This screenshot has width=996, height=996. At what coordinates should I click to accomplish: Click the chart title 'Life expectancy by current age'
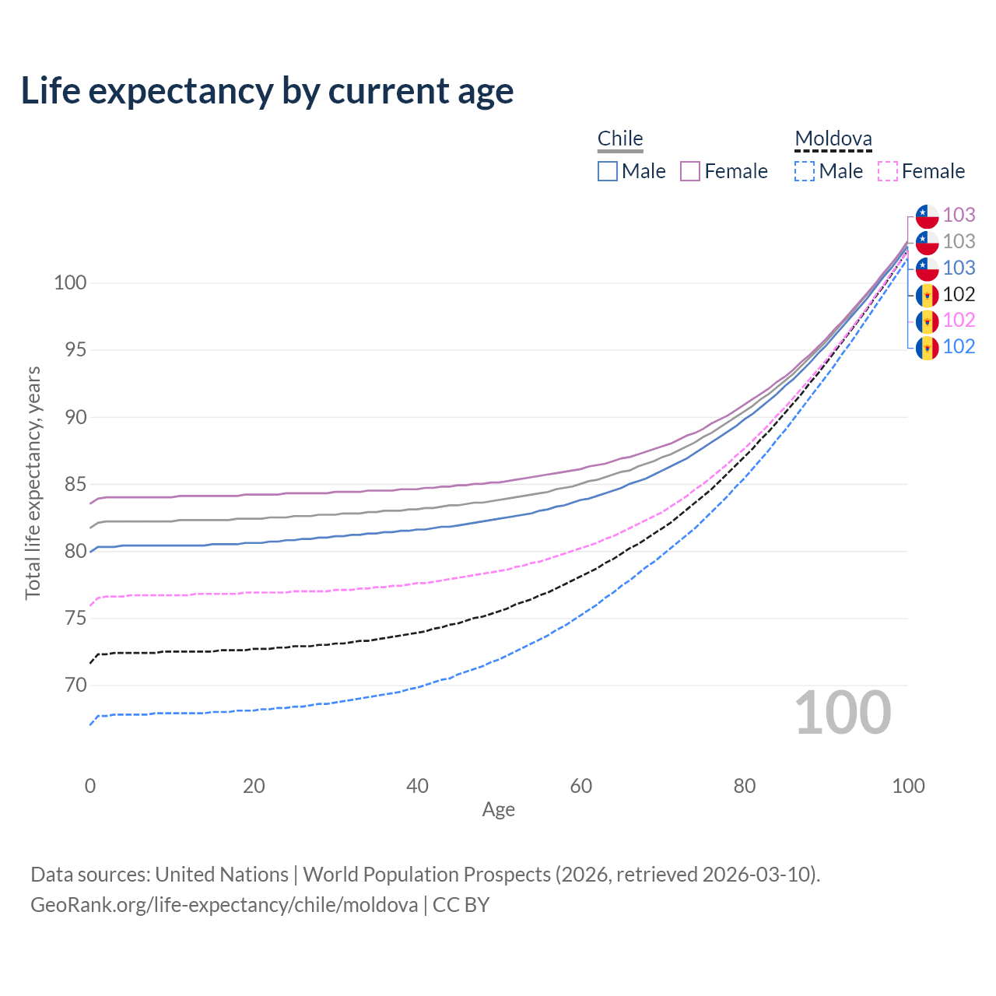click(x=267, y=91)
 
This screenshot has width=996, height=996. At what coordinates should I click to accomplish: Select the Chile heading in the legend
click(x=620, y=139)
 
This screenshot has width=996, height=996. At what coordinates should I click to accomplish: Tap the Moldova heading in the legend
click(x=833, y=139)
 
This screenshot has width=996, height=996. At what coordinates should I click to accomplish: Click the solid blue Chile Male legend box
click(x=608, y=171)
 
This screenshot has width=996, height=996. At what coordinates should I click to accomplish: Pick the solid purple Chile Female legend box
click(x=690, y=171)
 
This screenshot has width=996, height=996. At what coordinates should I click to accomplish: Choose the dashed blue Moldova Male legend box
click(x=805, y=171)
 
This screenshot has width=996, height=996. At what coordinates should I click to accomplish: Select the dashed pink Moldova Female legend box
click(x=888, y=171)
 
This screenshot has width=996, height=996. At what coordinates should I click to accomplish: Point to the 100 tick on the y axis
click(x=70, y=282)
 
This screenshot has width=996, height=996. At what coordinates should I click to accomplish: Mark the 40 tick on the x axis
click(x=417, y=786)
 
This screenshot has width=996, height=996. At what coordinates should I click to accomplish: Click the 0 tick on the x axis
click(x=90, y=786)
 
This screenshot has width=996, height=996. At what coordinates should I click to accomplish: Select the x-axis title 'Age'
click(x=498, y=809)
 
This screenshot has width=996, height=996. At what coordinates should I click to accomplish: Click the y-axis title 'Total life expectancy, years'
click(x=33, y=482)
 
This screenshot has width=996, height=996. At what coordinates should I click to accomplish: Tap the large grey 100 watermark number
click(x=843, y=713)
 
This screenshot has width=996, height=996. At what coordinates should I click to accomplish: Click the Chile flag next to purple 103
click(x=927, y=216)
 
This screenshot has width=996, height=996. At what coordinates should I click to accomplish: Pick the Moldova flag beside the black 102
click(x=927, y=295)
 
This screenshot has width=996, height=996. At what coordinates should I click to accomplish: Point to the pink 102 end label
click(x=959, y=320)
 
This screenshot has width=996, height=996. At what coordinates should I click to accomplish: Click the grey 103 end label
click(x=959, y=241)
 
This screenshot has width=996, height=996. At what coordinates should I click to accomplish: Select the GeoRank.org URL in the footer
click(x=224, y=905)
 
